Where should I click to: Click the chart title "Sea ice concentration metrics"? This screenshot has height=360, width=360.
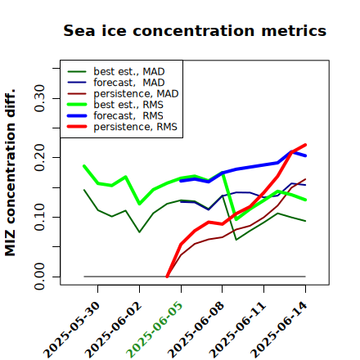195,30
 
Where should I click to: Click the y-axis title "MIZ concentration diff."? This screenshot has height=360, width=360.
10,173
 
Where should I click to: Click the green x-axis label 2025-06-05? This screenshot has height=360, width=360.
155,329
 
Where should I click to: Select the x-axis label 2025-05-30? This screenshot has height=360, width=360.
72,330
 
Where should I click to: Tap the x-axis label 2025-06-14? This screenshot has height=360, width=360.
279,330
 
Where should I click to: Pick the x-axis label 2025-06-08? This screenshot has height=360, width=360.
196,330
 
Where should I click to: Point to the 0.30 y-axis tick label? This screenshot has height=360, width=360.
40,98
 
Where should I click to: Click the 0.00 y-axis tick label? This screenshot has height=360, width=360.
40,277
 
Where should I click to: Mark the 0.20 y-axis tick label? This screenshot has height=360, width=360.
40,158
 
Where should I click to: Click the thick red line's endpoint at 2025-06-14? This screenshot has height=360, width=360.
305,145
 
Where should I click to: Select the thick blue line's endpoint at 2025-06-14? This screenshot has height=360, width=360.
305,155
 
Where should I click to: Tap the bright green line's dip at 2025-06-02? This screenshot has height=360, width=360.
140,204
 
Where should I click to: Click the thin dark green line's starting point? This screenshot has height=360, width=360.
84,190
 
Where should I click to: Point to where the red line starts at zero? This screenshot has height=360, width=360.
167,277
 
